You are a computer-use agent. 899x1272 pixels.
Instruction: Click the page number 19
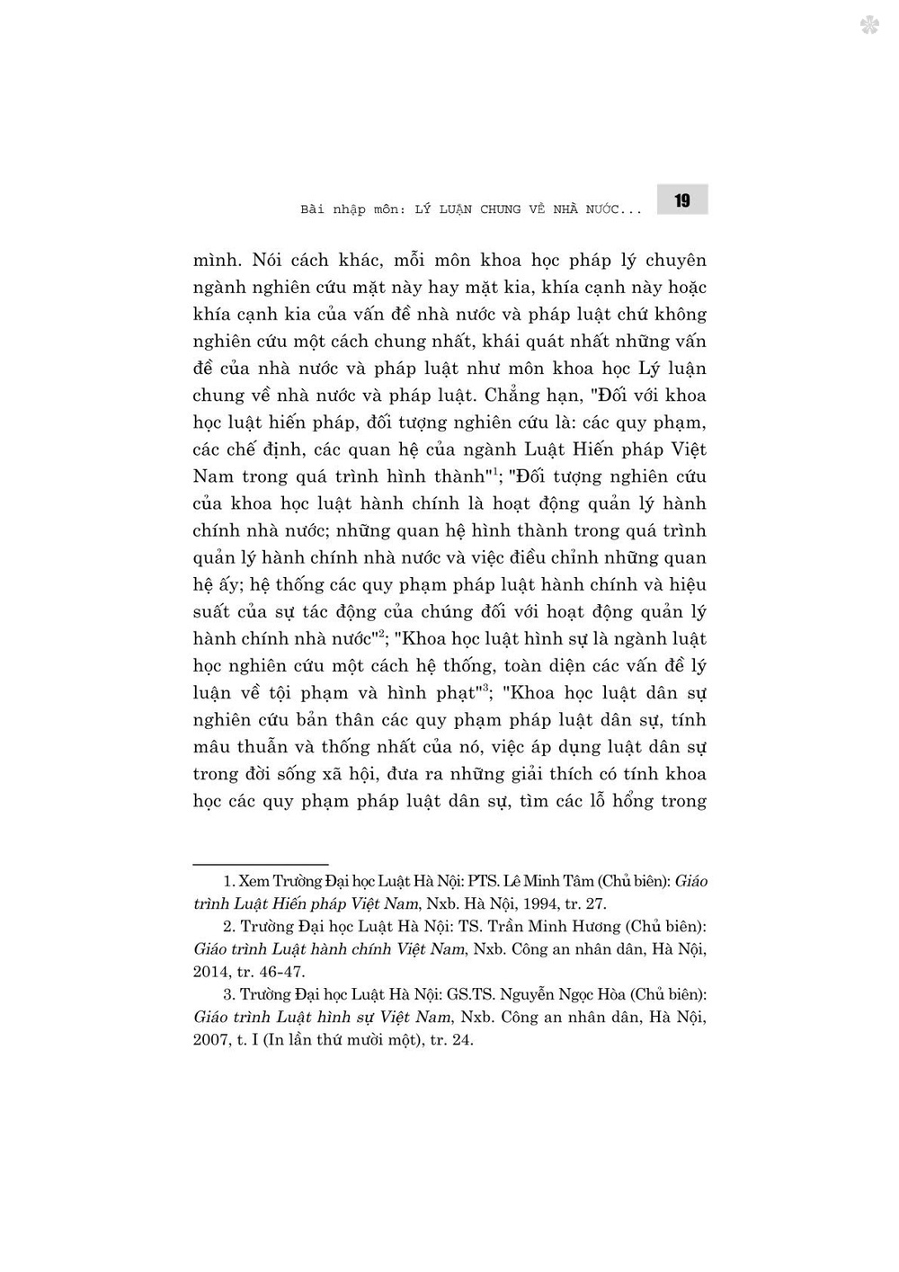(682, 200)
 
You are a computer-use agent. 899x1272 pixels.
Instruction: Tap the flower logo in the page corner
(869, 25)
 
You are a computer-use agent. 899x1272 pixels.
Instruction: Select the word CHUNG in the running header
(501, 209)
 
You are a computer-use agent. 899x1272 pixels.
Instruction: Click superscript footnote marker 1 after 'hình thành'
(494, 470)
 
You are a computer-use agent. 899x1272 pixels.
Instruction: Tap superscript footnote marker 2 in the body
(381, 633)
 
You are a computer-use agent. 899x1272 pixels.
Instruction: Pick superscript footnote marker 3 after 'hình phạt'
(485, 687)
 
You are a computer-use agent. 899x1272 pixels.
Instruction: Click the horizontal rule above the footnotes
(261, 864)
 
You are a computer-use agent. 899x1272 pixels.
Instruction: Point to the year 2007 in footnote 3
(211, 1040)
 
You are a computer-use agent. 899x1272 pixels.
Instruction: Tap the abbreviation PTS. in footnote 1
(482, 881)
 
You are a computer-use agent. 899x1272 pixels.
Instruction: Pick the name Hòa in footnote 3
(606, 994)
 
